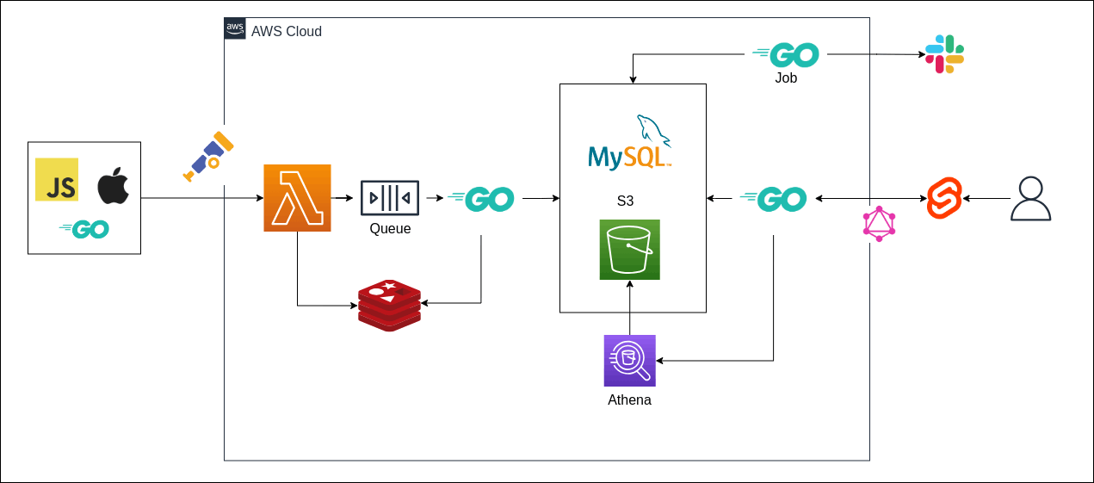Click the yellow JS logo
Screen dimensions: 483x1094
point(57,179)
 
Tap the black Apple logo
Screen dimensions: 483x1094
point(113,186)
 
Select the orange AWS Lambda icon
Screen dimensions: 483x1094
point(297,198)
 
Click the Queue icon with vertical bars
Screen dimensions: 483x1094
point(390,198)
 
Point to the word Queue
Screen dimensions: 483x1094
point(390,229)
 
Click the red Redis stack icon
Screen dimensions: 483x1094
point(389,305)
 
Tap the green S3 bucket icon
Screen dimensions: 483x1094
point(629,250)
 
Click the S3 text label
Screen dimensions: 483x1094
point(626,201)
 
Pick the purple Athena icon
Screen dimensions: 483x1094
point(629,361)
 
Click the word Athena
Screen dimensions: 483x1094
point(629,400)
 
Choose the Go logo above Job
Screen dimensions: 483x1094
point(785,55)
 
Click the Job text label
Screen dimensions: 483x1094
point(786,78)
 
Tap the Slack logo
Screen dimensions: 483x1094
point(944,54)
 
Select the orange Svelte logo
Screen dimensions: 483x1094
point(944,198)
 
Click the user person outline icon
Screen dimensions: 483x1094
point(1030,199)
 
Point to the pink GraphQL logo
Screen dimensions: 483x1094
point(879,224)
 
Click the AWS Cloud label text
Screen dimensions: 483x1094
point(287,32)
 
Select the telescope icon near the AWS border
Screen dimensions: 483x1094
point(208,156)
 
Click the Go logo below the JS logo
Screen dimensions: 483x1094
point(84,229)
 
